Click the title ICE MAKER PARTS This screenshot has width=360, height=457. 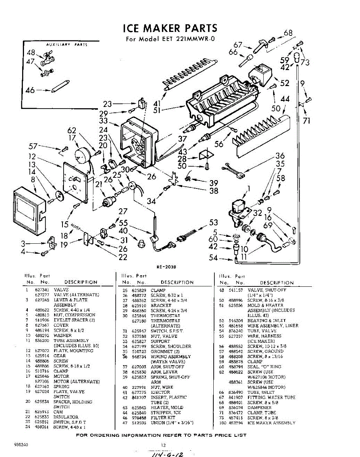click(x=170, y=28)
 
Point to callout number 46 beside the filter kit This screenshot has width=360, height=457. click(x=30, y=90)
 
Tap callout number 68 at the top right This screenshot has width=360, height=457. click(x=288, y=33)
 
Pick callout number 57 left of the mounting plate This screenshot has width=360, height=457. click(x=34, y=146)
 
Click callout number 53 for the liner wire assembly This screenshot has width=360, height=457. click(x=214, y=222)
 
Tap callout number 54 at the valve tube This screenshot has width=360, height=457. click(x=214, y=258)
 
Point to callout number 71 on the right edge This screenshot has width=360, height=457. click(x=307, y=121)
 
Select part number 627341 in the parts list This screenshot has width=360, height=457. click(x=41, y=290)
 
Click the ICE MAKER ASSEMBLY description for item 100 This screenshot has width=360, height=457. click(x=271, y=423)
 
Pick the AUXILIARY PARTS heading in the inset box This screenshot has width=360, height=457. click(x=67, y=45)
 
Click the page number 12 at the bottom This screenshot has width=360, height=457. click(x=163, y=444)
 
